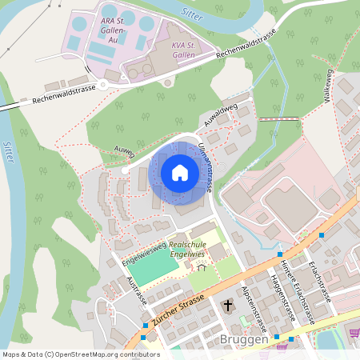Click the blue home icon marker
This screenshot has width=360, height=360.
(x=180, y=172)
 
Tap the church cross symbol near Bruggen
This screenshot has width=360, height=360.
(x=228, y=306)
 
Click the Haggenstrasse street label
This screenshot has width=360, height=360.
(x=282, y=297)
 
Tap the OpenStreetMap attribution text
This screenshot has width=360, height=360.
(x=81, y=354)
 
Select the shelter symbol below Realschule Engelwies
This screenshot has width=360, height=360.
(x=202, y=270)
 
